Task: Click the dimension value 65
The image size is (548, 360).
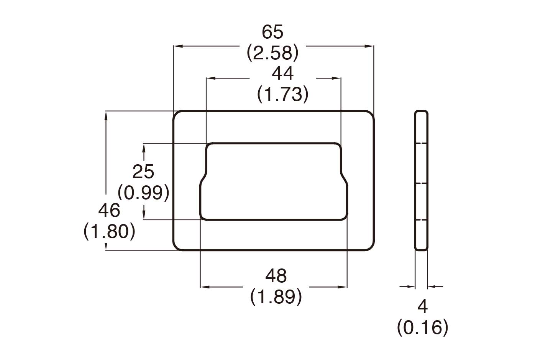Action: (272, 32)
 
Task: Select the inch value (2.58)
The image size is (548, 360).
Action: (272, 53)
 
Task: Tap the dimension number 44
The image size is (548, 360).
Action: (283, 73)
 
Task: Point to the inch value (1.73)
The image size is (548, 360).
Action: (283, 94)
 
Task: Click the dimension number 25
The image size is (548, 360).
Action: (143, 172)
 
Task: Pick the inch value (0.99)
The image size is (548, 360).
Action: (143, 192)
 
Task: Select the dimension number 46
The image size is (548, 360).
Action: (109, 211)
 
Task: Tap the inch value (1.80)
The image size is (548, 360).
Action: (109, 231)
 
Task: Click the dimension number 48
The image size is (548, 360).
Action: (276, 276)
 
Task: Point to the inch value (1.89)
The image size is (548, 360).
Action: (276, 297)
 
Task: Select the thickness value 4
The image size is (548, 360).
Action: (422, 306)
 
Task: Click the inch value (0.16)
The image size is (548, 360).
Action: (422, 328)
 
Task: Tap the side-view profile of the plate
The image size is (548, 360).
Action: (421, 180)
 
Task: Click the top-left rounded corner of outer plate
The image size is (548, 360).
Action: (177, 115)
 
